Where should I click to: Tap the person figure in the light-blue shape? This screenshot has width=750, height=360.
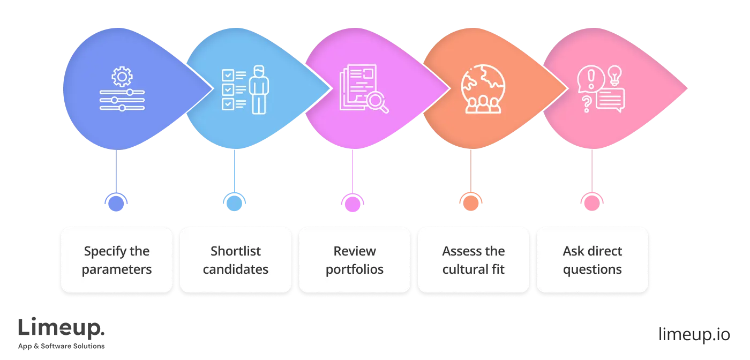pyautogui.click(x=259, y=89)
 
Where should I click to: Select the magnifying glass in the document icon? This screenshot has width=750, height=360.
pyautogui.click(x=379, y=102)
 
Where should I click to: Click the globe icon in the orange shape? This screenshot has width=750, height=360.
pyautogui.click(x=483, y=88)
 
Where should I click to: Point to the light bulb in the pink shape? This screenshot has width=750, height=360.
pyautogui.click(x=615, y=75)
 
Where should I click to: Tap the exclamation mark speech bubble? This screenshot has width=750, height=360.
pyautogui.click(x=590, y=80)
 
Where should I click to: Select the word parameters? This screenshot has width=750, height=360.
pyautogui.click(x=117, y=269)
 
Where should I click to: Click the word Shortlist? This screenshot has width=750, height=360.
pyautogui.click(x=236, y=251)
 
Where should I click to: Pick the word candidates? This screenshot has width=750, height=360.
pyautogui.click(x=236, y=269)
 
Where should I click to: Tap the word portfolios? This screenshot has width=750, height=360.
pyautogui.click(x=355, y=269)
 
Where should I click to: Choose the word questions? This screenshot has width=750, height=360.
pyautogui.click(x=592, y=269)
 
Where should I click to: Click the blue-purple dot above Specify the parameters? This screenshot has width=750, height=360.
pyautogui.click(x=116, y=202)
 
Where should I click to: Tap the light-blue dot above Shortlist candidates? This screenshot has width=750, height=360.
pyautogui.click(x=234, y=202)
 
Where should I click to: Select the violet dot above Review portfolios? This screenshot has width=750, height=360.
pyautogui.click(x=351, y=202)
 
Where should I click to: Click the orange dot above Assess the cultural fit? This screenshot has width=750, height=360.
pyautogui.click(x=470, y=202)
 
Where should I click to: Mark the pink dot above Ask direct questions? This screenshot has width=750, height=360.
pyautogui.click(x=590, y=202)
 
